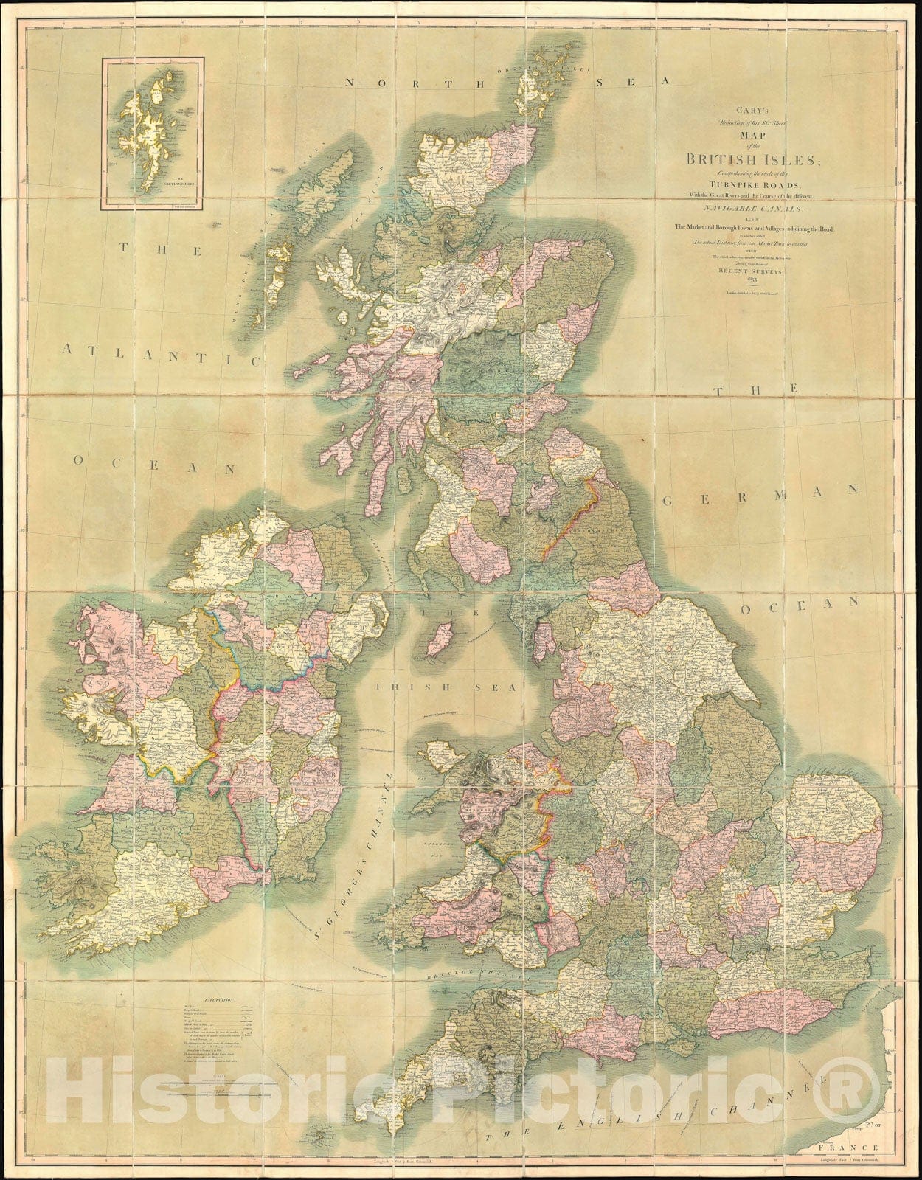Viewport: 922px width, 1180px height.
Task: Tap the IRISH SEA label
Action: (x=410, y=686)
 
